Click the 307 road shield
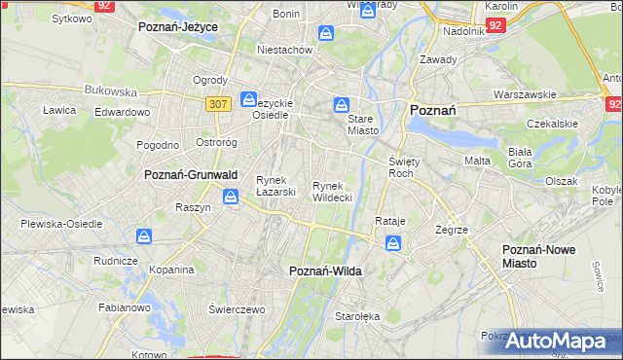coord(218,102)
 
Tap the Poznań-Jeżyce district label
coord(178,27)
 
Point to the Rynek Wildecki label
coord(332,191)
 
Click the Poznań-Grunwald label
coord(185,175)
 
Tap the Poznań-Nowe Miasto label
coord(538,256)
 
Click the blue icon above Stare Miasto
coord(342,103)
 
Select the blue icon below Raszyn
coord(230,198)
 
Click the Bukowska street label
coord(110,90)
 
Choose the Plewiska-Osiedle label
coord(61,224)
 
